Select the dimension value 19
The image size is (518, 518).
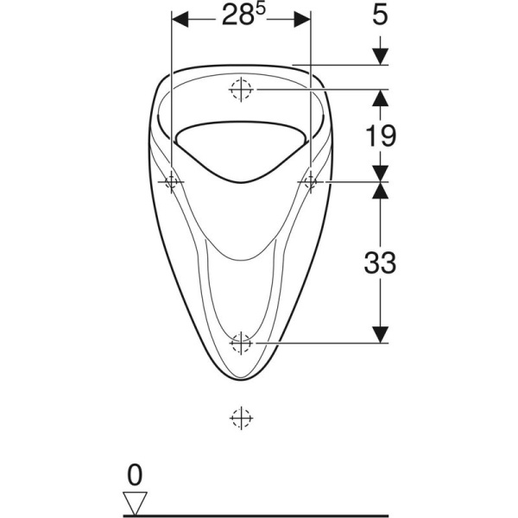point(381,135)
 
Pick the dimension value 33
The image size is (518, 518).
point(380,262)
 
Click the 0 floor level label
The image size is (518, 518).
point(134,474)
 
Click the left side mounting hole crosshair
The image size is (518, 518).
point(173,181)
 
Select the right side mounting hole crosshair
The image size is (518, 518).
point(311,181)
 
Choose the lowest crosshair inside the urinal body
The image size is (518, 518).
point(242,343)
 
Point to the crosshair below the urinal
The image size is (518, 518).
point(242,418)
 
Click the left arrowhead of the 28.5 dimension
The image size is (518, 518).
point(180,19)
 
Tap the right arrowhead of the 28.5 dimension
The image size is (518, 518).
point(304,19)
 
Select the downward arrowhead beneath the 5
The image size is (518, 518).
point(381,57)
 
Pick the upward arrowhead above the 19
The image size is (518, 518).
point(381,96)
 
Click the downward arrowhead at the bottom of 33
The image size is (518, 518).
point(381,335)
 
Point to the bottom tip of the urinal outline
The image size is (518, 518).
point(242,381)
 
